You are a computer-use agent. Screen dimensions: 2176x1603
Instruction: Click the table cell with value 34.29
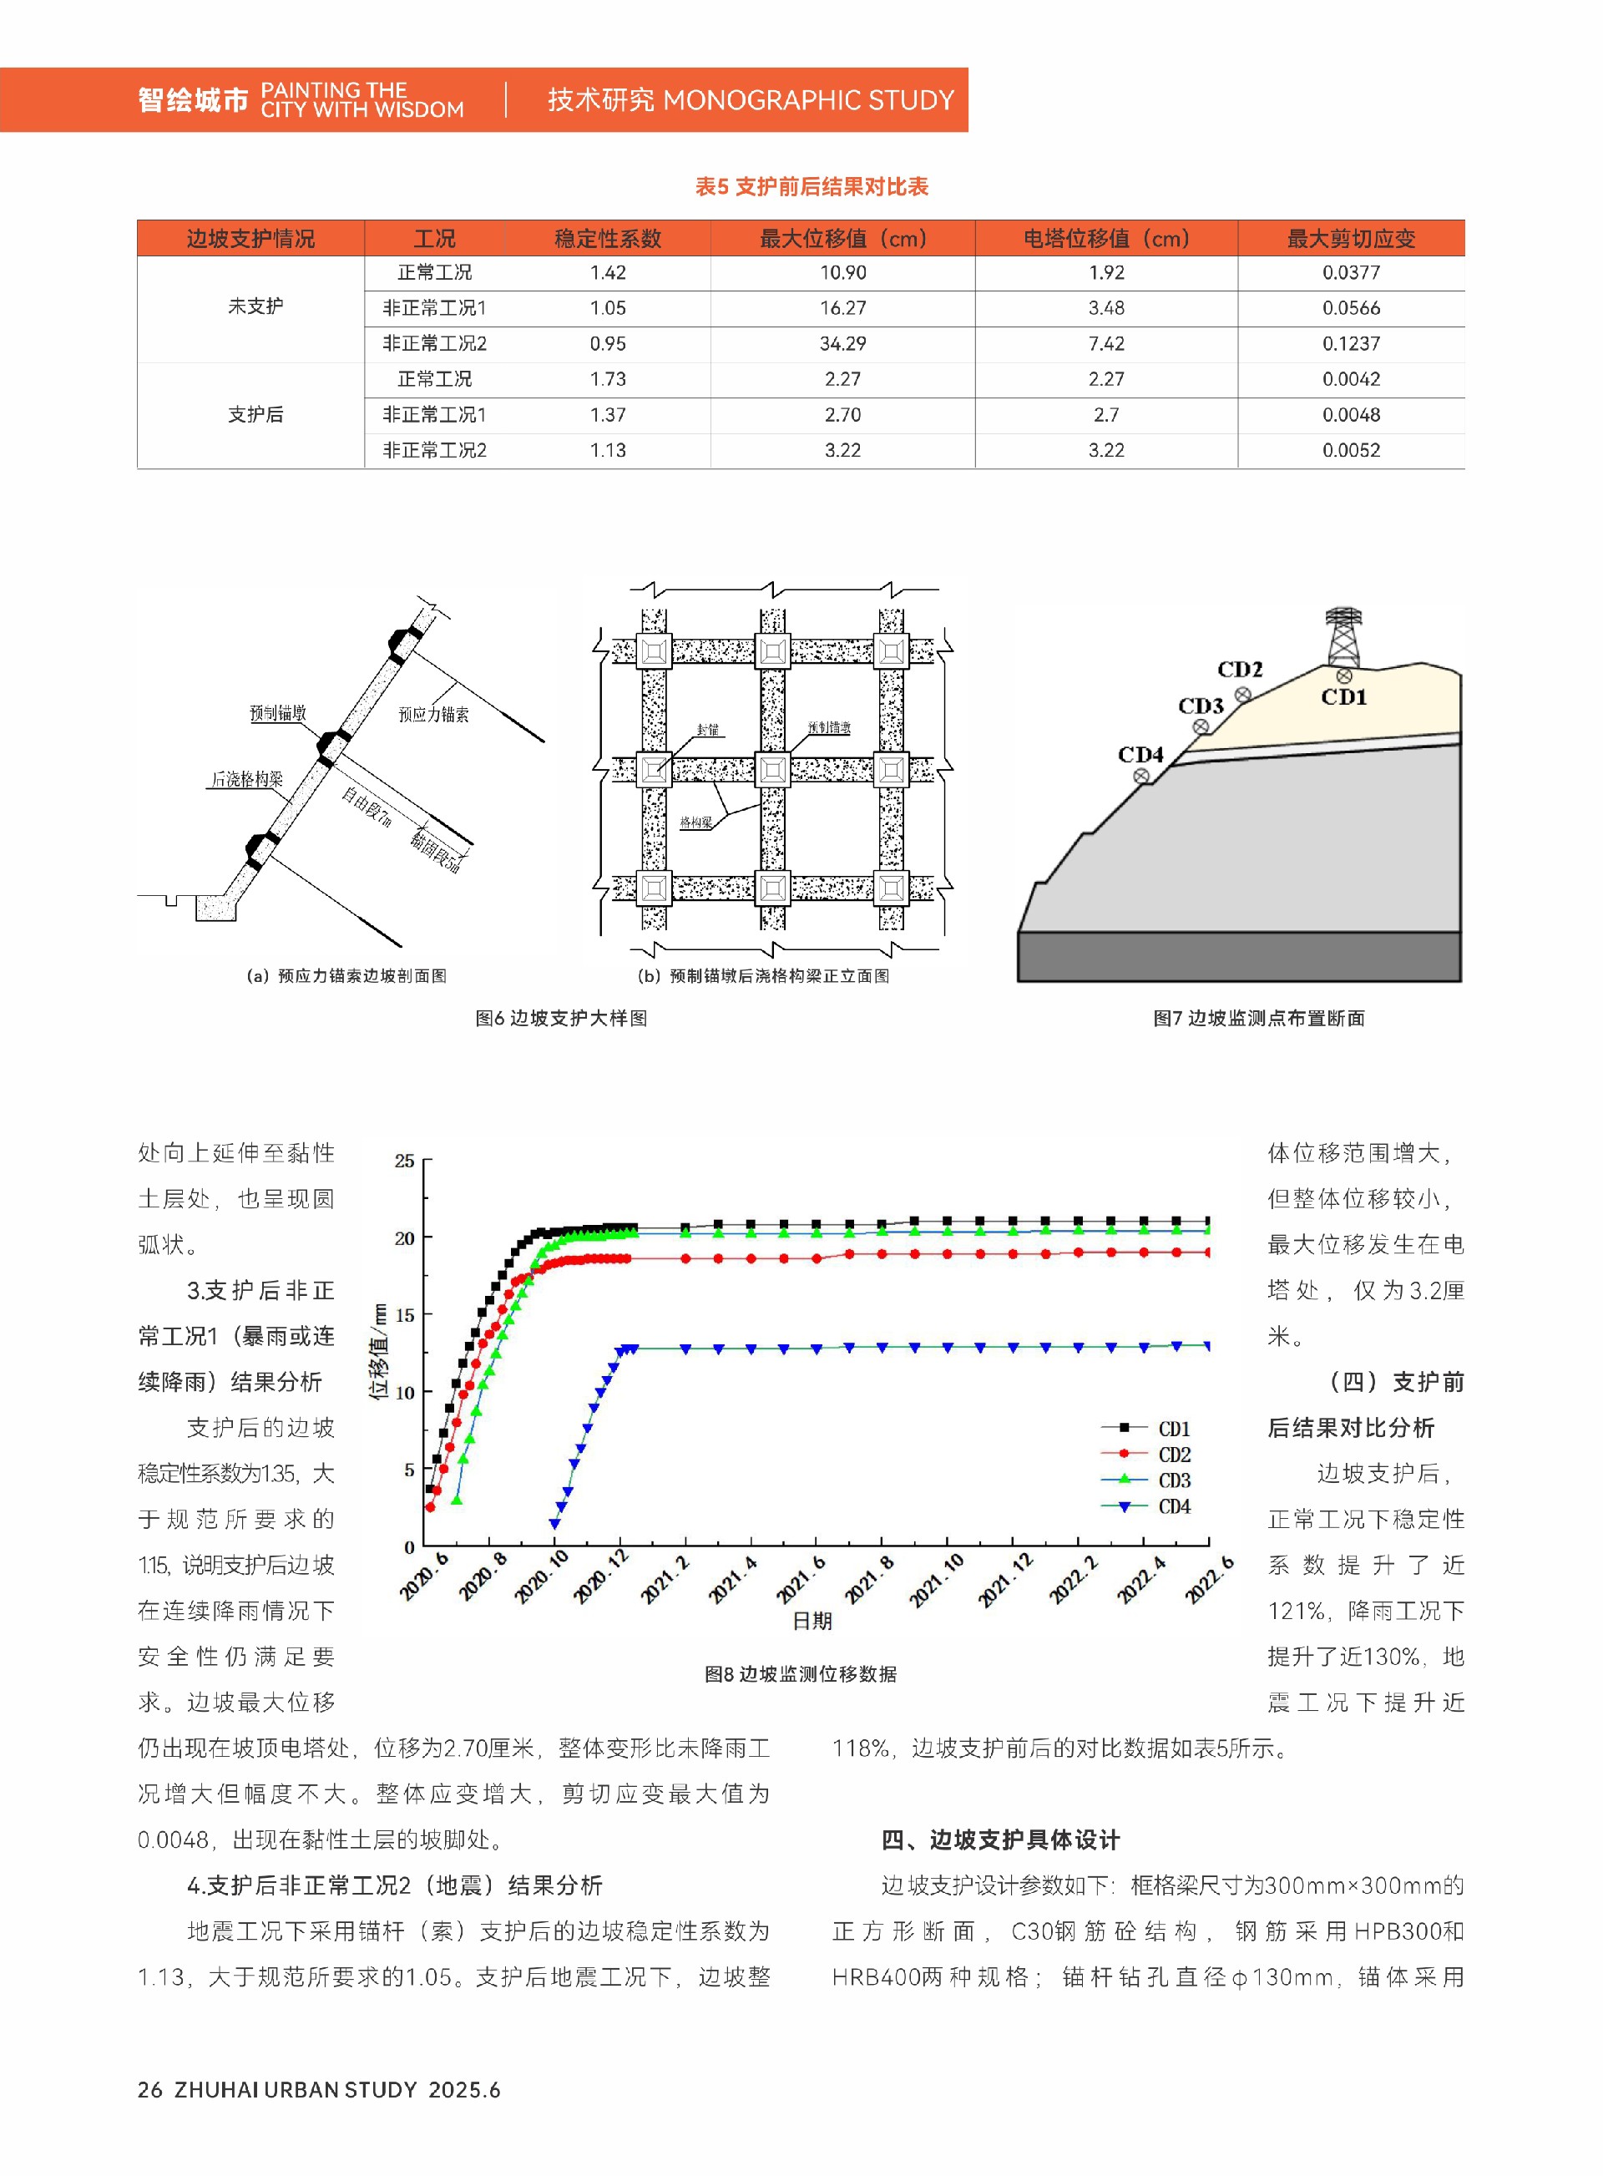pos(842,343)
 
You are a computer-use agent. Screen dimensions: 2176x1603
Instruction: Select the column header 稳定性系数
pos(608,238)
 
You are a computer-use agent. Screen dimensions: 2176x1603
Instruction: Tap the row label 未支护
pos(255,306)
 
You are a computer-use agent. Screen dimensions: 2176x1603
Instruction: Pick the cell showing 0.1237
pos(1351,343)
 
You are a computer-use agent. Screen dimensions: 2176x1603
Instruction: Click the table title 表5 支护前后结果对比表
pos(812,186)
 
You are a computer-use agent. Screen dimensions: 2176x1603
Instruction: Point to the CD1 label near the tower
pos(1344,697)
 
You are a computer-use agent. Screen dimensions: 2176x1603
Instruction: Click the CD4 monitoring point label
pos(1140,754)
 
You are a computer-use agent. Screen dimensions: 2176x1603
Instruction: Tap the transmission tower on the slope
pos(1343,635)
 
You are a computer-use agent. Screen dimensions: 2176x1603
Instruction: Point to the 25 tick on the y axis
pos(405,1161)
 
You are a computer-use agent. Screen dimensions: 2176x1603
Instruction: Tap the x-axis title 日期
pos(812,1621)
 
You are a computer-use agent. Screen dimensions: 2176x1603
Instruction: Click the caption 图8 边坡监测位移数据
pos(801,1674)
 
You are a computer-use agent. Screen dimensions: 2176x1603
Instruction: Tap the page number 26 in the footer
pos(149,2090)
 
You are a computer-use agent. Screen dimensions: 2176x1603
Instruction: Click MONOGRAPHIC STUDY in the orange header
pos(808,100)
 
